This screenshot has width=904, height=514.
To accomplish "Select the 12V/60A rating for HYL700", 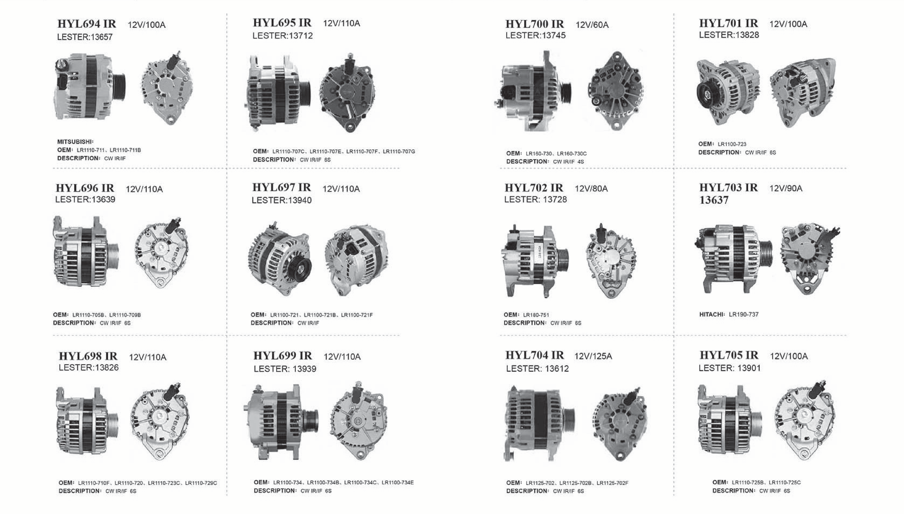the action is (x=592, y=25).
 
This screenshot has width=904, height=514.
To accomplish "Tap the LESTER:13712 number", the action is (x=283, y=36).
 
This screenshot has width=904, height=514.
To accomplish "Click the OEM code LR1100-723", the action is (x=732, y=144).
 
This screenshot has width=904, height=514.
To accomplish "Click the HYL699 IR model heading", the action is (x=283, y=355).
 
